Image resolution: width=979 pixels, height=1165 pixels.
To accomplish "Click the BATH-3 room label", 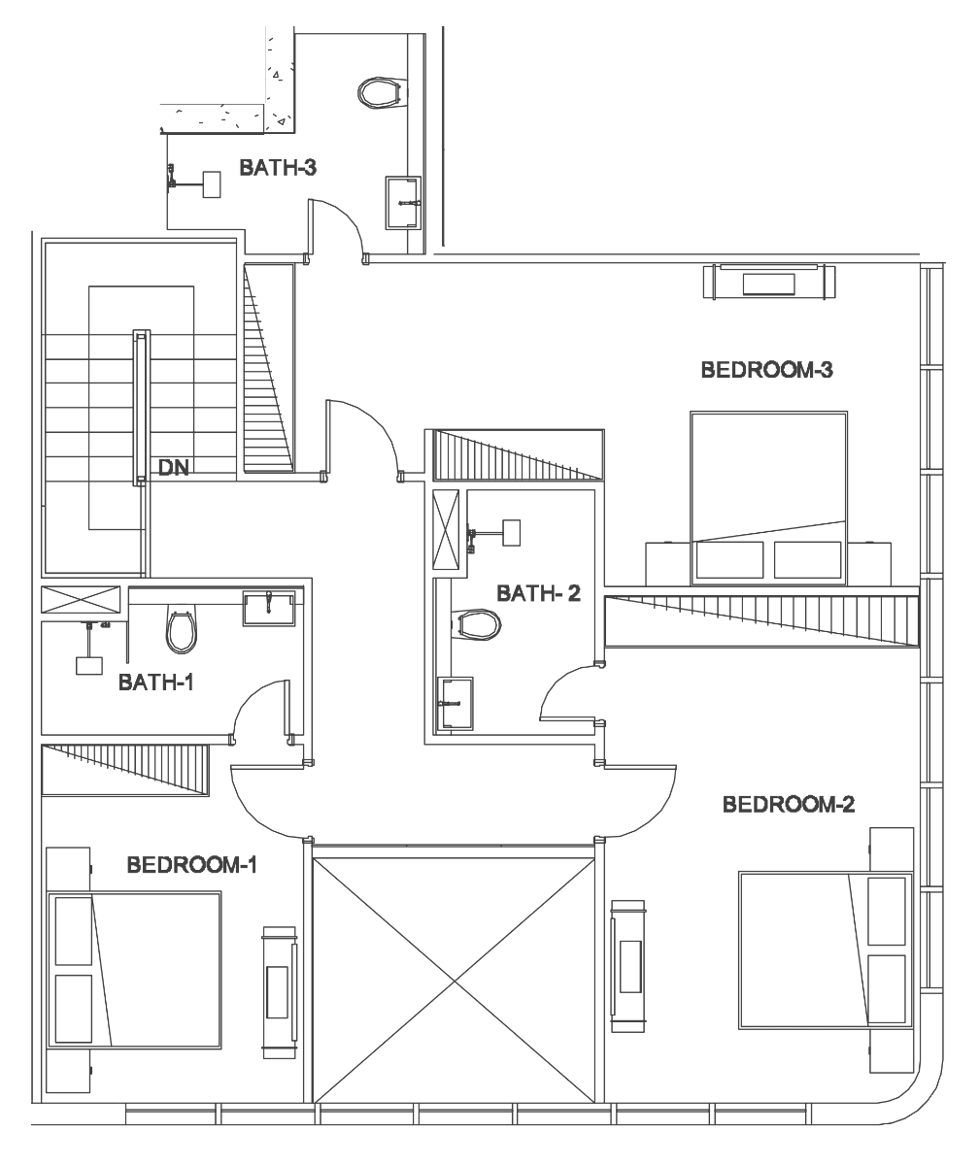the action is click(x=278, y=167).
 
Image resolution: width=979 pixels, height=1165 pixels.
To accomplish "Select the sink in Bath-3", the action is click(x=403, y=203).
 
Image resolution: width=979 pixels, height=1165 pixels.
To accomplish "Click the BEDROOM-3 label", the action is click(x=767, y=370).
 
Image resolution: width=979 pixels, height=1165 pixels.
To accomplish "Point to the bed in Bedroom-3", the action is click(x=768, y=499).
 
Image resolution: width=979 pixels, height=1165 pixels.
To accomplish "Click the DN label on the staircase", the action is click(x=174, y=468).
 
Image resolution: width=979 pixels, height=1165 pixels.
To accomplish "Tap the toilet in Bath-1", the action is click(x=182, y=630).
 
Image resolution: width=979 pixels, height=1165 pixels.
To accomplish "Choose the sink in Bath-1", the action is click(x=268, y=608).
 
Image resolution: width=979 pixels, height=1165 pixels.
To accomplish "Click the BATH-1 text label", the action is click(x=156, y=682).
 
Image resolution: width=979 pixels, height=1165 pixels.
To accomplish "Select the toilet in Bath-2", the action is click(x=476, y=623).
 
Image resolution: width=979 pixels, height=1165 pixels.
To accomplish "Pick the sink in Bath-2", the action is click(x=455, y=703).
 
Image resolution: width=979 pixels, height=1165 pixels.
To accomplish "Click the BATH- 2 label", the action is click(x=539, y=593).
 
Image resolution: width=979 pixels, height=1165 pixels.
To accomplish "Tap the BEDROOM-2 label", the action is click(x=789, y=804).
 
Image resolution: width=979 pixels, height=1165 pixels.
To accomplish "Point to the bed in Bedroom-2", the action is click(x=827, y=950).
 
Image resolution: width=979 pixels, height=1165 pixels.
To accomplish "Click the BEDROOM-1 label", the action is click(x=192, y=865).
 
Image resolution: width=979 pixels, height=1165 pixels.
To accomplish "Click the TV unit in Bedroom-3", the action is click(x=768, y=283).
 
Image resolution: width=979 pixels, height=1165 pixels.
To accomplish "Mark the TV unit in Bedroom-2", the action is click(x=628, y=966).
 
